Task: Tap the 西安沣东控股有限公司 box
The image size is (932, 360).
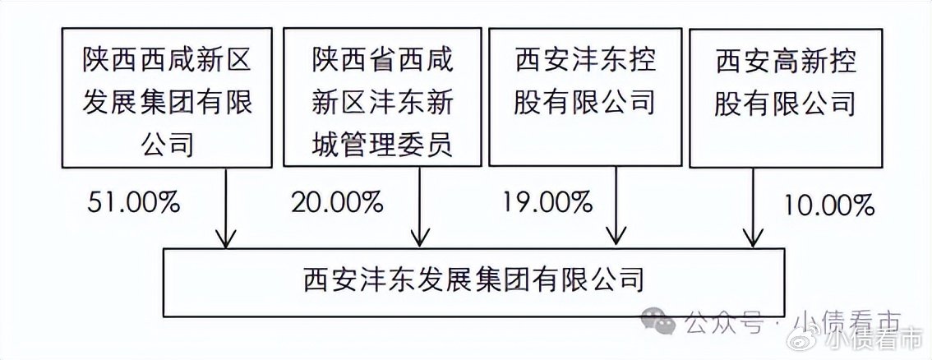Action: click(x=586, y=97)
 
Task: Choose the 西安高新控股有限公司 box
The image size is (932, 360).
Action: click(x=786, y=97)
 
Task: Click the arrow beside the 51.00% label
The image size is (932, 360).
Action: click(x=226, y=210)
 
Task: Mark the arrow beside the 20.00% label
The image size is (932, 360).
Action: click(x=421, y=210)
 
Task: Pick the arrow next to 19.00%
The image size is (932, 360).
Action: click(x=615, y=210)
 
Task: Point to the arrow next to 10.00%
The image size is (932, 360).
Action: click(x=753, y=210)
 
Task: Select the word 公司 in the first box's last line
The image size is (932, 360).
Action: click(x=167, y=145)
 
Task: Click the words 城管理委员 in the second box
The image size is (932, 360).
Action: click(x=383, y=145)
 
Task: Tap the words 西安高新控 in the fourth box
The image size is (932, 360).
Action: click(x=786, y=60)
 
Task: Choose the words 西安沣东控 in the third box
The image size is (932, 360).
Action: click(x=586, y=60)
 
